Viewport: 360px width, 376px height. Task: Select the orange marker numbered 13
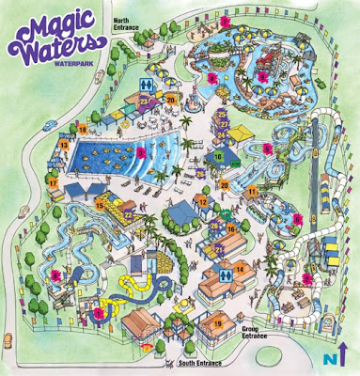pos(64,146)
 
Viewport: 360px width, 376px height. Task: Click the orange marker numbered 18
pos(83,130)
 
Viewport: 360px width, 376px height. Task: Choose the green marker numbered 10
pos(218,157)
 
